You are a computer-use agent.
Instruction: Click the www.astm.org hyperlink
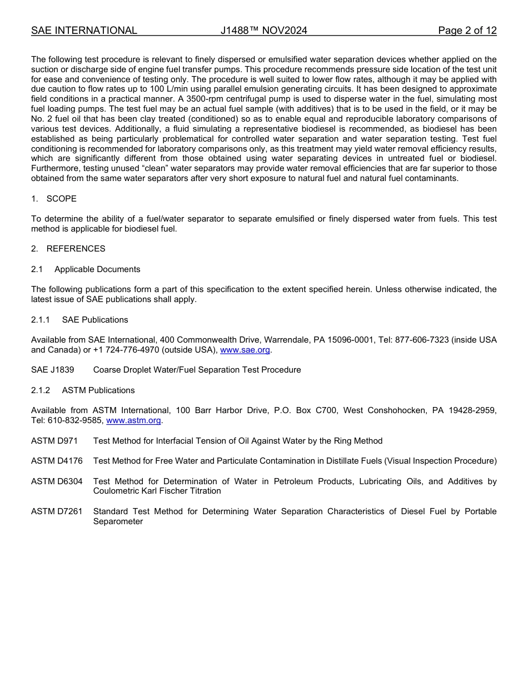pyautogui.click(x=133, y=420)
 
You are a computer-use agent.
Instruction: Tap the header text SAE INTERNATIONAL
pyautogui.click(x=84, y=31)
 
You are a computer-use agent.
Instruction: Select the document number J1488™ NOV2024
pyautogui.click(x=263, y=31)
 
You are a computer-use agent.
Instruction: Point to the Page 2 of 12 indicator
pyautogui.click(x=467, y=31)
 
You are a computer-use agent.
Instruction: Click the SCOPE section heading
pyautogui.click(x=61, y=199)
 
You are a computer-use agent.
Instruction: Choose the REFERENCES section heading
pyautogui.click(x=76, y=249)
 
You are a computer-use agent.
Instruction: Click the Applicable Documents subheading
pyautogui.click(x=97, y=269)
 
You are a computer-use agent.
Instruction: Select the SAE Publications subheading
pyautogui.click(x=95, y=320)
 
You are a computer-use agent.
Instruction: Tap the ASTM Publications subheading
pyautogui.click(x=98, y=390)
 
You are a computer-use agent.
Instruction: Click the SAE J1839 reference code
pyautogui.click(x=52, y=370)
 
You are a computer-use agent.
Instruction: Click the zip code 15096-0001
pyautogui.click(x=350, y=340)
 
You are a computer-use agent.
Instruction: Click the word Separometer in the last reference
pyautogui.click(x=118, y=521)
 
